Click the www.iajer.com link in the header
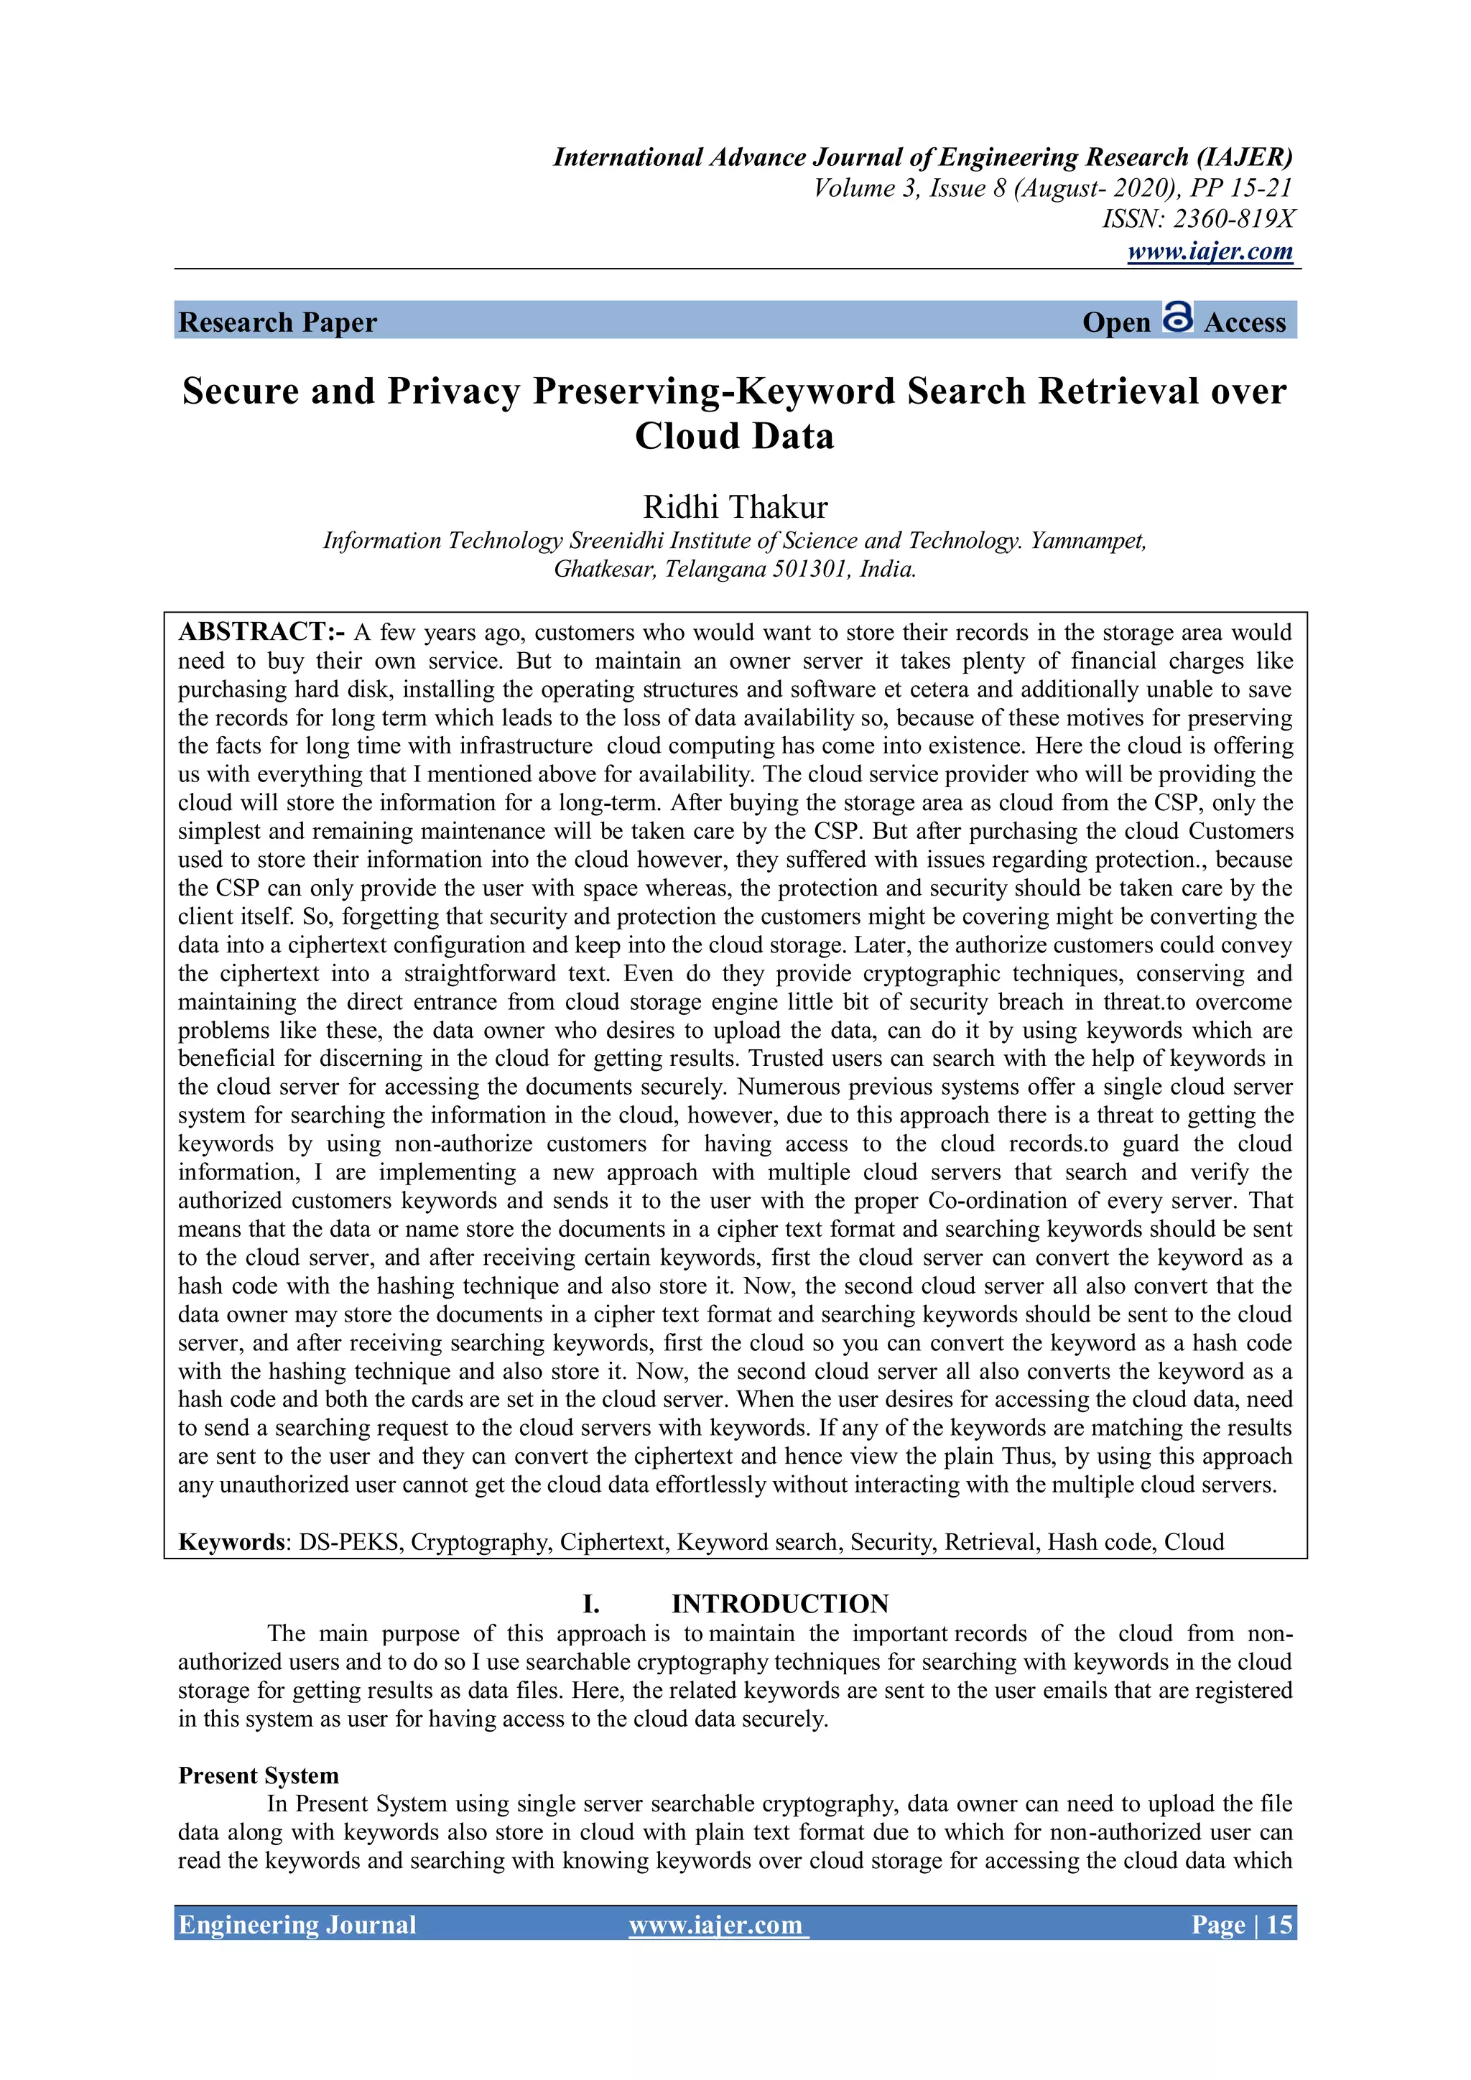pos(1210,251)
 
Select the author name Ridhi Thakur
pos(735,506)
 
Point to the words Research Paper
pos(277,322)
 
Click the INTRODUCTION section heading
pos(779,1604)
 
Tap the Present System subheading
pos(258,1775)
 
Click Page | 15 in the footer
pos(1241,1924)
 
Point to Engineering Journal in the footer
pos(297,1924)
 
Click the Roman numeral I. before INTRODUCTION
pos(590,1605)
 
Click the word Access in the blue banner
pos(1245,322)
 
